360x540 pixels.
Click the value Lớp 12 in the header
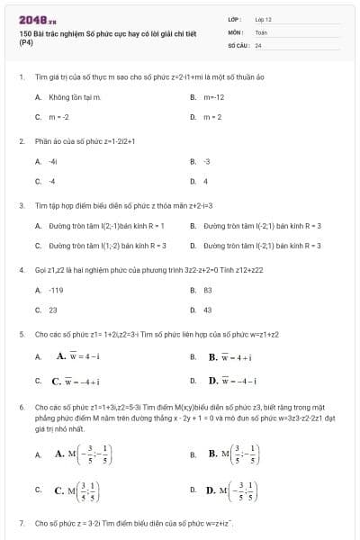point(263,18)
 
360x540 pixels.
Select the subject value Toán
point(261,31)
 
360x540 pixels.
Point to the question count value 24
point(258,44)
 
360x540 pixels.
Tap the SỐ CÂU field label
point(237,44)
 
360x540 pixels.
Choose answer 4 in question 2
point(205,181)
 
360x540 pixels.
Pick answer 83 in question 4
point(208,290)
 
